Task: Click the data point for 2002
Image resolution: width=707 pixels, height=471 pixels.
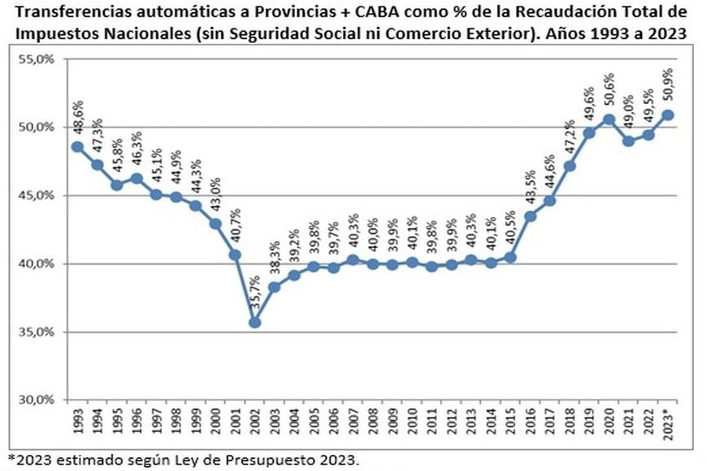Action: pyautogui.click(x=254, y=322)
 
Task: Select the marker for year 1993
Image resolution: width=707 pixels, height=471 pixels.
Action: pyautogui.click(x=77, y=146)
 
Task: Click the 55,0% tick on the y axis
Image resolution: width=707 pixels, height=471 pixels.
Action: pyautogui.click(x=36, y=59)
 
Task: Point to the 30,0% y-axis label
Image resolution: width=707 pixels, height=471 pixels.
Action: pyautogui.click(x=36, y=400)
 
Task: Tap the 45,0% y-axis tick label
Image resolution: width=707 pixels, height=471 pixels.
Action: pyautogui.click(x=36, y=196)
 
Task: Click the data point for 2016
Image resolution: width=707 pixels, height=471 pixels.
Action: pyautogui.click(x=531, y=216)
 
